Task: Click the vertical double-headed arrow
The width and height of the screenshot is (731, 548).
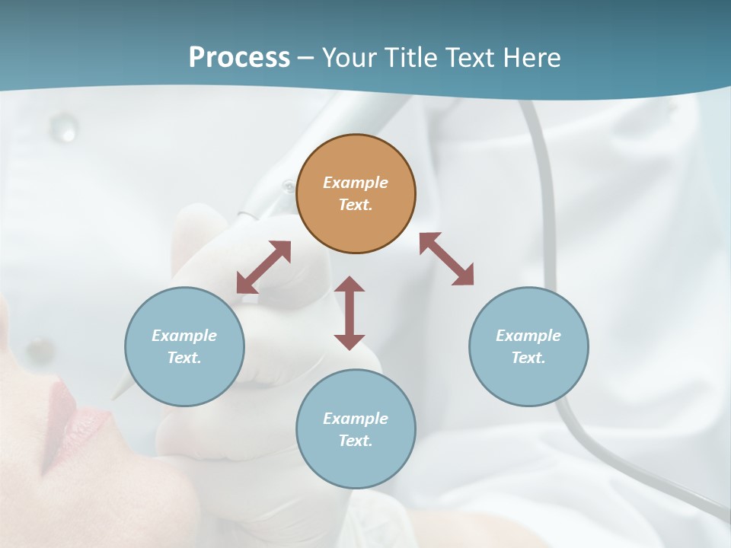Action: coord(350,313)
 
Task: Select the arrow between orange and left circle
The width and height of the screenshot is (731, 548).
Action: coord(263,267)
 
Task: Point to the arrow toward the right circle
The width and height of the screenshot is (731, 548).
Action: coord(446,259)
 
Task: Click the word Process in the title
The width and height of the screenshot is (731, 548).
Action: coord(239,58)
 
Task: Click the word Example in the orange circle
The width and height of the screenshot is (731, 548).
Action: coord(356,183)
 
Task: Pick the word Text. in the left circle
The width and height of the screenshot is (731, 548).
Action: coord(184,358)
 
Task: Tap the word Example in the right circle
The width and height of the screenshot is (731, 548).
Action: coord(528,336)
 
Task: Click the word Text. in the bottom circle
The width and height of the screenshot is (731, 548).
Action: coord(356,441)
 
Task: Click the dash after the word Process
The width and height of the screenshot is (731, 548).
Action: coord(305,59)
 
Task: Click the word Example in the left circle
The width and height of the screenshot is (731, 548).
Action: coord(184,336)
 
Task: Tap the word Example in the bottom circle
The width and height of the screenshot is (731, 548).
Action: coord(356,419)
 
